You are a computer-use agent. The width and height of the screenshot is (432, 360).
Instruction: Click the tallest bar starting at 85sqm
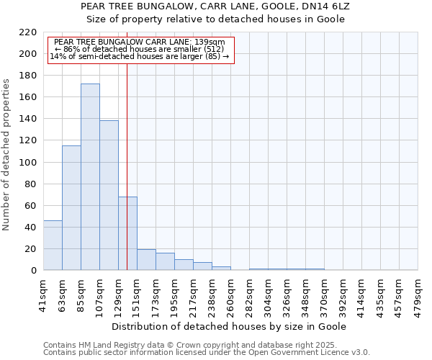(x=90, y=177)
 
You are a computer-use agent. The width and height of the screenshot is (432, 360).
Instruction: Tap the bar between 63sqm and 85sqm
(x=71, y=208)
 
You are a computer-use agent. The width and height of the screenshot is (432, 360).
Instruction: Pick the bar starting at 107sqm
(x=109, y=195)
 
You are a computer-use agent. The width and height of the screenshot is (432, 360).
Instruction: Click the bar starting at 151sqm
(x=146, y=260)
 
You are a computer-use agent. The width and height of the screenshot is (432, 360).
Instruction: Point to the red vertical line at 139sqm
(x=127, y=158)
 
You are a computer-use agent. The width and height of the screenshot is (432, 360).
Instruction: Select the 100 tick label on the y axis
(x=28, y=163)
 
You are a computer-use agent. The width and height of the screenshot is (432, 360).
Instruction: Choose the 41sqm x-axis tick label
(x=44, y=292)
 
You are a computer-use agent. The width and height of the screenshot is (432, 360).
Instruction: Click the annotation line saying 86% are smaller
(x=140, y=49)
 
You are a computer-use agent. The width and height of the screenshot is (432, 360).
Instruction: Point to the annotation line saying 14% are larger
(x=140, y=56)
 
